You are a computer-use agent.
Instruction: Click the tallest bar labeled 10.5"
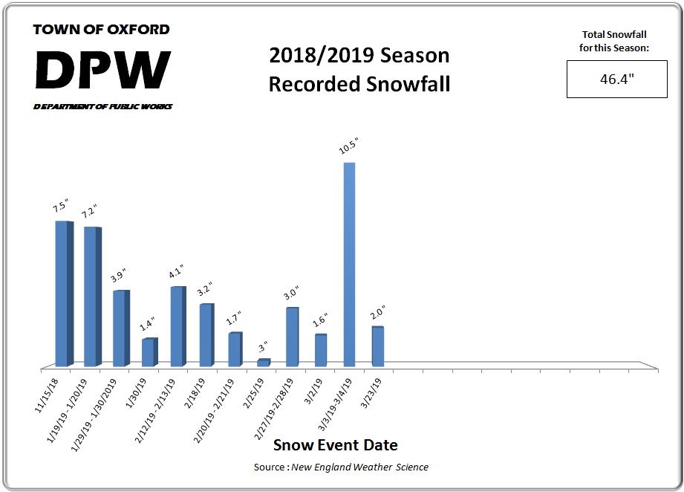click(x=349, y=264)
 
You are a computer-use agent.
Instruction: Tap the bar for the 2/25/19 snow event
click(x=263, y=363)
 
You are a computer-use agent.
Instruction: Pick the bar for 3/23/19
click(x=377, y=346)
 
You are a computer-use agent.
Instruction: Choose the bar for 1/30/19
click(x=149, y=352)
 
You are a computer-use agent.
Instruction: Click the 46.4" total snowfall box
click(x=616, y=80)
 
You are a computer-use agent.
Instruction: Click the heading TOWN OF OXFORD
click(x=102, y=30)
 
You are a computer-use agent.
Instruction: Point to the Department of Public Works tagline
click(x=102, y=107)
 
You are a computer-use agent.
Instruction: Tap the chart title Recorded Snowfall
click(x=359, y=84)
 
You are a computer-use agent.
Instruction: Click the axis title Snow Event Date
click(x=336, y=445)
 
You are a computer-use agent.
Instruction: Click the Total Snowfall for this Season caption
click(x=616, y=40)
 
